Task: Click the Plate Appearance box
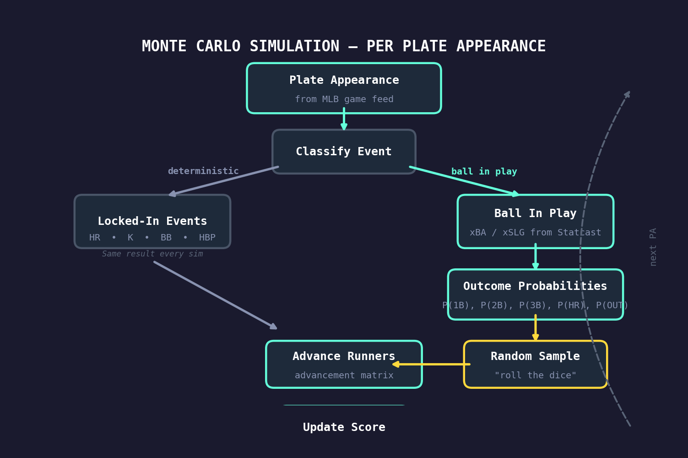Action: (344, 88)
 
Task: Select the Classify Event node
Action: (344, 152)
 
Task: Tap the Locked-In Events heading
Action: (152, 221)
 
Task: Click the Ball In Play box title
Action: (535, 213)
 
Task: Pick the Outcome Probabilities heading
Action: (535, 286)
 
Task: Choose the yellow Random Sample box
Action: (535, 364)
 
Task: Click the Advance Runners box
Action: (344, 364)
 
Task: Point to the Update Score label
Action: (344, 427)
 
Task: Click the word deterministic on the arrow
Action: (203, 171)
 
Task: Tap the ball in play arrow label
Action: (484, 172)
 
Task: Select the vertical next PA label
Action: (653, 247)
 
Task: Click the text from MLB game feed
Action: (344, 99)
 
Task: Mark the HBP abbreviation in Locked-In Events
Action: (207, 238)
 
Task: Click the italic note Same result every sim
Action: (152, 254)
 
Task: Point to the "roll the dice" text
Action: (535, 376)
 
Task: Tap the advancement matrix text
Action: (344, 376)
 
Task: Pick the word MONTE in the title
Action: (164, 46)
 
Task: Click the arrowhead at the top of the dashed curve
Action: (628, 94)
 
